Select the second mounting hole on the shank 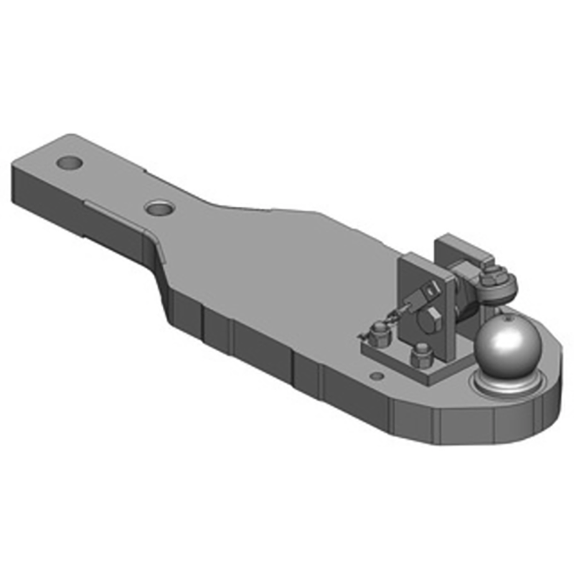point(159,208)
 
